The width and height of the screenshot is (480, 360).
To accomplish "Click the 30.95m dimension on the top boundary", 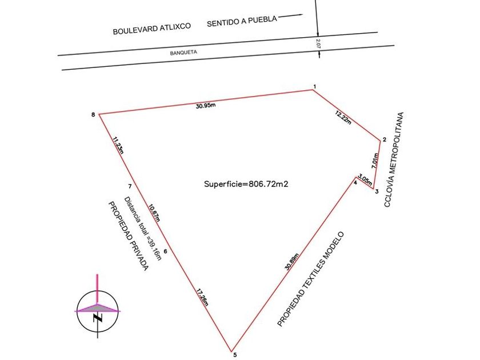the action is tap(206, 106).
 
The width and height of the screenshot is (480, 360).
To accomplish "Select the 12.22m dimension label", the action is tap(343, 118).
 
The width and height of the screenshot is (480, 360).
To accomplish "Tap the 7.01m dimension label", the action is tap(375, 161).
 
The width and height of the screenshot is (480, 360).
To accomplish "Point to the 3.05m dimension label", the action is tap(365, 179).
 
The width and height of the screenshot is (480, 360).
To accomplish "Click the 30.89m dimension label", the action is tap(292, 262).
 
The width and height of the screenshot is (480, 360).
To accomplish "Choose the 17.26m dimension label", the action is tap(202, 297).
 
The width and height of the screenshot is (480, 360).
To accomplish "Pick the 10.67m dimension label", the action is tap(154, 213).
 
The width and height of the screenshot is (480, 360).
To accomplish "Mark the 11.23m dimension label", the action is tap(118, 145).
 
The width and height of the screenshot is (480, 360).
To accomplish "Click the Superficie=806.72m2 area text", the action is tap(246, 184).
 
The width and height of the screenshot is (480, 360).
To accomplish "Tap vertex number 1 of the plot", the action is tap(315, 87).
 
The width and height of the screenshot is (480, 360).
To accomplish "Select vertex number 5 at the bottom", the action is tap(235, 355).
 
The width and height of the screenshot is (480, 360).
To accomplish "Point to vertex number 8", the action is tap(93, 115).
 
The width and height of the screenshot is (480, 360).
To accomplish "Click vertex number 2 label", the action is tap(385, 139).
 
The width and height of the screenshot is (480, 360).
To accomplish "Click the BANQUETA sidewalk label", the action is tap(183, 53).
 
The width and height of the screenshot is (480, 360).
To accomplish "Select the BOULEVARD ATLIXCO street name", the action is tap(152, 29).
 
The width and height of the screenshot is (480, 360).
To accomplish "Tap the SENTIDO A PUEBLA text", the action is tap(242, 21).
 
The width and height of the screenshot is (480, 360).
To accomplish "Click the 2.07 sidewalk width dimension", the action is tap(318, 43).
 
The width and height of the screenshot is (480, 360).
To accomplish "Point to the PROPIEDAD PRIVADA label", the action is tap(129, 236).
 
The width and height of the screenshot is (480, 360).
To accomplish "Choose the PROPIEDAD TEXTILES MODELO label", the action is tap(311, 279).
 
